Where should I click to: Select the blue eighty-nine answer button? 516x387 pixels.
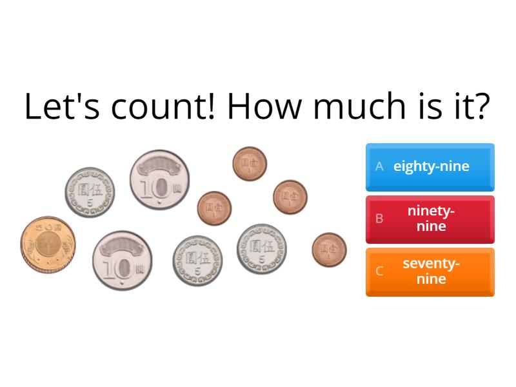tap(430, 166)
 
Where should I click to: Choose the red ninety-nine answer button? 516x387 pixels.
tap(430, 219)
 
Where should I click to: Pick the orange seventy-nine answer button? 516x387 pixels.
tap(430, 272)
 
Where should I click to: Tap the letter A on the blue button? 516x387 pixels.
tap(379, 166)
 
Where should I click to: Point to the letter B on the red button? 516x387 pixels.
tap(379, 219)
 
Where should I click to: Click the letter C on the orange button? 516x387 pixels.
tap(379, 272)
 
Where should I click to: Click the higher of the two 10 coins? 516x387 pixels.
tap(159, 181)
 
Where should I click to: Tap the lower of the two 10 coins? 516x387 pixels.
tap(123, 260)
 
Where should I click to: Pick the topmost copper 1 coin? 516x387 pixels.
tap(250, 163)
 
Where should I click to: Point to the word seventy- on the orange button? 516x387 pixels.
tap(431, 264)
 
